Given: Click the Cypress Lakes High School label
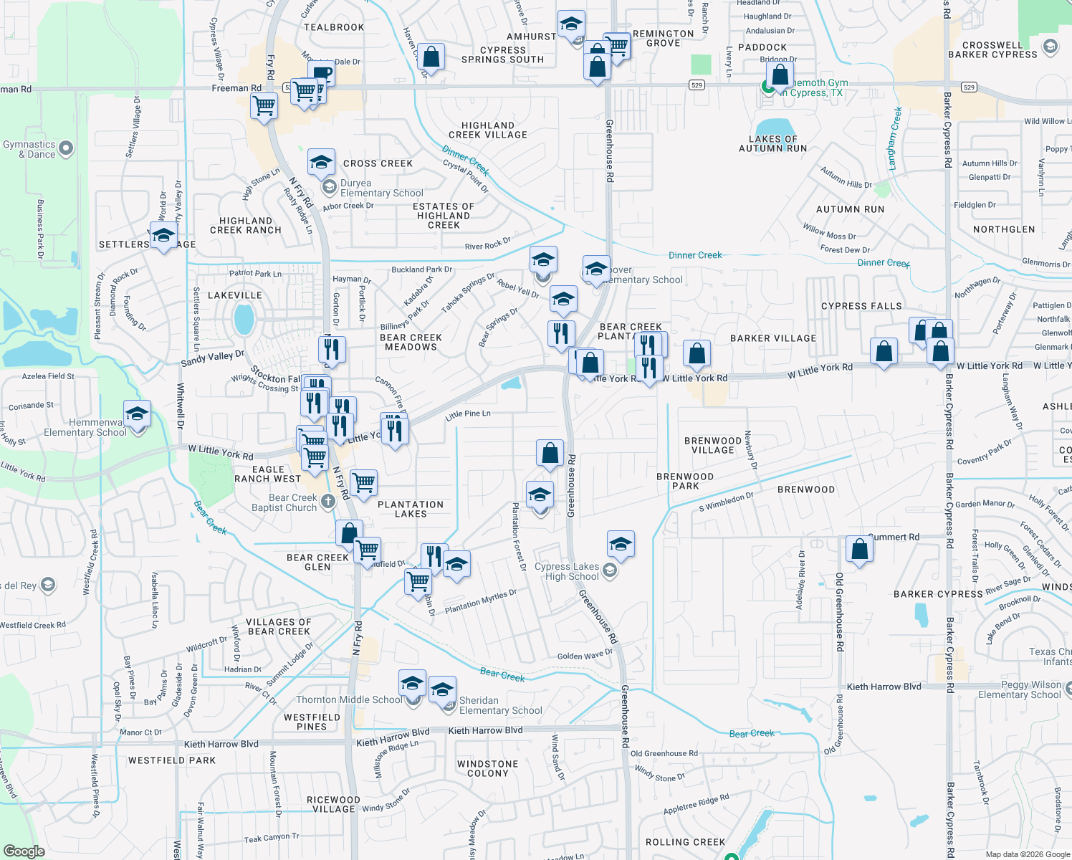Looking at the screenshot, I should click(x=567, y=572).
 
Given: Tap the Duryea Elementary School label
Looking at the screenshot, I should click(x=381, y=188).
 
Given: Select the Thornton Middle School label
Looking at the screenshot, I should click(x=349, y=700).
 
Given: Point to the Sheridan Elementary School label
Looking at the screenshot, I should click(x=500, y=706).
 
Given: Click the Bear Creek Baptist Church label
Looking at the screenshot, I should click(x=284, y=503).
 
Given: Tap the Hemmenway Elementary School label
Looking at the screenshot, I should click(x=85, y=428).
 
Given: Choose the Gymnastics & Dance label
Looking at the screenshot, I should click(x=29, y=149).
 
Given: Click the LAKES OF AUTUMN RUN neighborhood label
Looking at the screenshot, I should click(x=772, y=144).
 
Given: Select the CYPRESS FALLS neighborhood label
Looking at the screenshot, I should click(x=861, y=306).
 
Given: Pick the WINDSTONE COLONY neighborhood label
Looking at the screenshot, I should click(x=487, y=769).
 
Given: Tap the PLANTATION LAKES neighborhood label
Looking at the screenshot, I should click(x=411, y=510).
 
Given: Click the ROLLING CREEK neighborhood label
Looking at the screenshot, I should click(x=685, y=842).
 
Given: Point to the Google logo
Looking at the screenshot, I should click(x=24, y=851).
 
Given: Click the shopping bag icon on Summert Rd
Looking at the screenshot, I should click(x=859, y=550).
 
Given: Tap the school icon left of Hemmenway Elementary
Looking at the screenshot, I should click(x=137, y=415).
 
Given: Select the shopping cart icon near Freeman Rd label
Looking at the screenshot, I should click(x=264, y=106).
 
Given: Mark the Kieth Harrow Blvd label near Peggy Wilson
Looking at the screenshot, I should click(x=884, y=687).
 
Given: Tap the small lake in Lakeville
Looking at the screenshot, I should click(x=244, y=319).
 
